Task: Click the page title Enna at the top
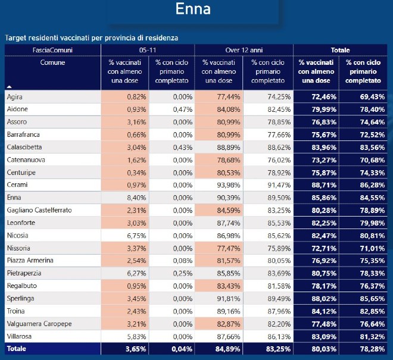[x=193, y=9]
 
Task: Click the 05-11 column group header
[x=148, y=50]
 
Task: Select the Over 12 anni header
[x=244, y=50]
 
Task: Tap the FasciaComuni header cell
[x=52, y=50]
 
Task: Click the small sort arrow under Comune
[x=10, y=87]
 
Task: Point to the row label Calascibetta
[x=24, y=147]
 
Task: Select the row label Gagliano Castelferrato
[x=39, y=210]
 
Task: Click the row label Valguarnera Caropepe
[x=39, y=324]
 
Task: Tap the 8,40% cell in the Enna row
[x=136, y=198]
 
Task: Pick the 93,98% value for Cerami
[x=229, y=185]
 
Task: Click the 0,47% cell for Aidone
[x=183, y=109]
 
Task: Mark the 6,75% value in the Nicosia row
[x=136, y=236]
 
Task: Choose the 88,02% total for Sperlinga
[x=324, y=299]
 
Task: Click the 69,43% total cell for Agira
[x=372, y=97]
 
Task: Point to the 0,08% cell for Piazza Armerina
[x=183, y=261]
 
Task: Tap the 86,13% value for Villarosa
[x=279, y=336]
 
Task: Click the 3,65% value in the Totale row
[x=136, y=349]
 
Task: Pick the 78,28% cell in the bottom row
[x=372, y=349]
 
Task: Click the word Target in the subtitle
[x=15, y=38]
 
